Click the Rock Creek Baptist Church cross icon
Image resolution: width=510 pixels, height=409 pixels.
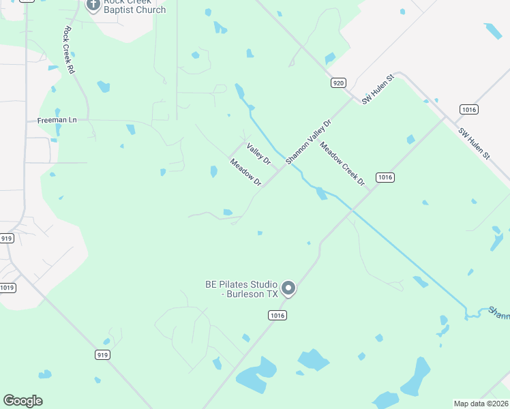point(94,5)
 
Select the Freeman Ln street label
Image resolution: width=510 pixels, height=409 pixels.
point(57,120)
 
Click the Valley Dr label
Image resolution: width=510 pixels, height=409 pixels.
point(259,154)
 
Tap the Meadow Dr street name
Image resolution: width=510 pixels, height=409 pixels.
point(245,172)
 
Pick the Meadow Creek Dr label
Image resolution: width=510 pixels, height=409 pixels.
point(343,164)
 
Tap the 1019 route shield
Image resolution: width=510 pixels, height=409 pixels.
point(7,288)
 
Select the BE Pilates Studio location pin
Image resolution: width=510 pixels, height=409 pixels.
point(288,289)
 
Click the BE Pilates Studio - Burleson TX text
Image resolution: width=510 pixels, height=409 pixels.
point(241,289)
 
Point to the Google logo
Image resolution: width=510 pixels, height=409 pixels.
point(22,401)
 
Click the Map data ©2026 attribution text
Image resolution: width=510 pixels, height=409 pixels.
point(481,404)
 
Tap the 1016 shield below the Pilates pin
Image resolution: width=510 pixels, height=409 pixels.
point(277,316)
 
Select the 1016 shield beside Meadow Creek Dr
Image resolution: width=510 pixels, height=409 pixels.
point(385,177)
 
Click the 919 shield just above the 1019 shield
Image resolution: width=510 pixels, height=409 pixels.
point(7,238)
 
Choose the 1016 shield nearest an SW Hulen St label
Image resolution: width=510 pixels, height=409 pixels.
point(468,109)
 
